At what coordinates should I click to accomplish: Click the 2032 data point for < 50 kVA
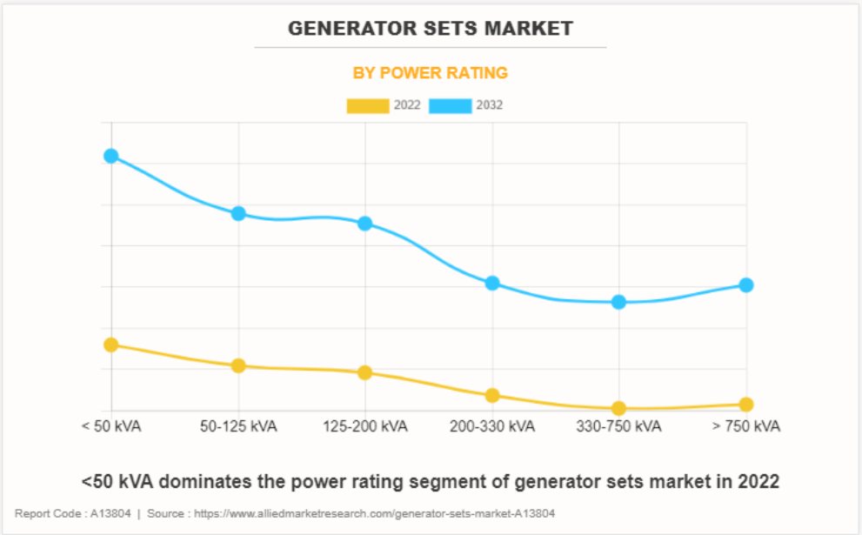pos(111,156)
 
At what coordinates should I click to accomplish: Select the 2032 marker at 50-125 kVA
pos(238,214)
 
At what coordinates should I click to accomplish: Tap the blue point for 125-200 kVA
pos(365,224)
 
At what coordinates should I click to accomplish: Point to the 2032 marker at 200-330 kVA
pos(492,283)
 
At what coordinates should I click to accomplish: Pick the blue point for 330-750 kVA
pos(619,302)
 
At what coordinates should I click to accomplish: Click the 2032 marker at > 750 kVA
pos(746,284)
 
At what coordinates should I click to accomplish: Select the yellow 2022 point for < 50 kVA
pos(111,344)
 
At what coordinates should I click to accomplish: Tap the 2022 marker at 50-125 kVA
pos(238,365)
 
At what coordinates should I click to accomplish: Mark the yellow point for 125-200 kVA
pos(365,372)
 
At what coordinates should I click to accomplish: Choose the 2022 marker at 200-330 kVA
pos(492,395)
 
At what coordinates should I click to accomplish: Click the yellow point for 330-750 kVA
pos(619,408)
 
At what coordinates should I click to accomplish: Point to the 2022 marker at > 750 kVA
pos(746,405)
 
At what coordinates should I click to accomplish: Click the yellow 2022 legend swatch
pos(368,106)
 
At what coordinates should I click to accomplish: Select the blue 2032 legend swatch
pos(451,106)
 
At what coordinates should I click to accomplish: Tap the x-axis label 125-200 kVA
pos(365,427)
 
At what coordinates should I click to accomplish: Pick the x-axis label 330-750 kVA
pos(619,427)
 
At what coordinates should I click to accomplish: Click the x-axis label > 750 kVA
pos(746,427)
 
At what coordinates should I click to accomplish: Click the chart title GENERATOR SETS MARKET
pos(431,29)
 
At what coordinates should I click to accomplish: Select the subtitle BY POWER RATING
pos(431,73)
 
